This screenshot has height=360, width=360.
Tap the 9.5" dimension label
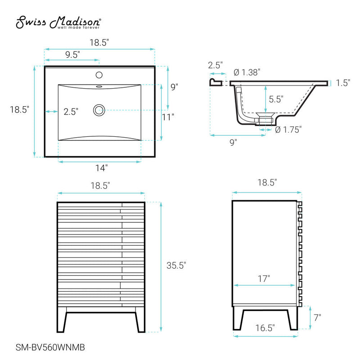click(72, 55)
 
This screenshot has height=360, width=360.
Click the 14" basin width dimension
click(101, 168)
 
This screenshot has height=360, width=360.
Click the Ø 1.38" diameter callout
click(247, 72)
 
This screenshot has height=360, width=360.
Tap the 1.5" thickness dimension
click(343, 83)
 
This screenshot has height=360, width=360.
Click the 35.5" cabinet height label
click(176, 265)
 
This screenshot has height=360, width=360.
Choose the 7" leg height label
click(317, 317)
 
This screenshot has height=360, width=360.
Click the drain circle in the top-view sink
click(99, 109)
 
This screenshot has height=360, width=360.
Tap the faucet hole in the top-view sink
click(99, 75)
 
